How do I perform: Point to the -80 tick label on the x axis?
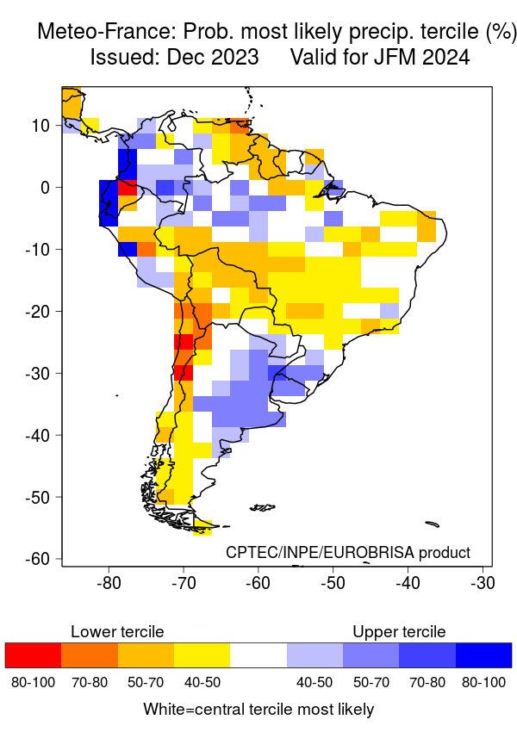click(x=109, y=583)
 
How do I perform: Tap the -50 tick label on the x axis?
click(x=333, y=583)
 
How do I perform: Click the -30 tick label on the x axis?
click(x=482, y=583)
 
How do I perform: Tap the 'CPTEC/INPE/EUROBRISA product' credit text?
click(x=348, y=552)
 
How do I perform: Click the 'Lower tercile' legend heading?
click(x=116, y=632)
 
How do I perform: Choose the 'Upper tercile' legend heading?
click(x=399, y=632)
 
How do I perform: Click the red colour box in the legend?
click(x=33, y=655)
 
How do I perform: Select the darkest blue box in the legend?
click(x=483, y=655)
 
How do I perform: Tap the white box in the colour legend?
click(x=258, y=655)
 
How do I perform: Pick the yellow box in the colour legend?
click(x=202, y=655)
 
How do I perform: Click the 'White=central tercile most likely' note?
click(x=258, y=710)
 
